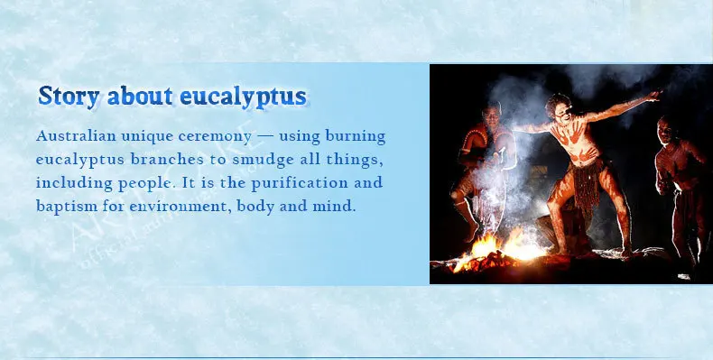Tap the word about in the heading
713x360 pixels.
[x=140, y=96]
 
